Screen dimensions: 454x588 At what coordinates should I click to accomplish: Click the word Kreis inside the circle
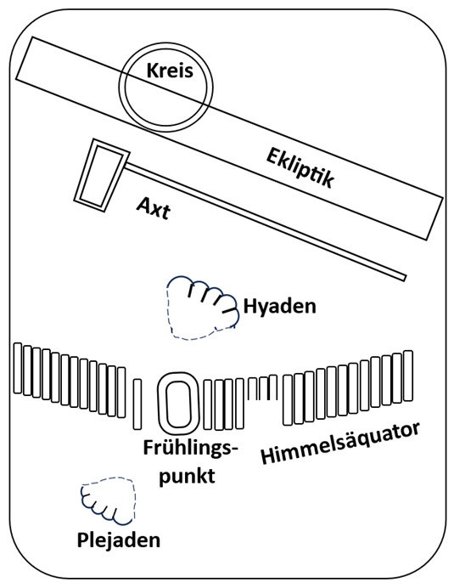(x=170, y=71)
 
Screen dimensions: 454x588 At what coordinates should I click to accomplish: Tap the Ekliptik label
(x=300, y=167)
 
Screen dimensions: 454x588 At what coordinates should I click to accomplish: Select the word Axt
(x=154, y=208)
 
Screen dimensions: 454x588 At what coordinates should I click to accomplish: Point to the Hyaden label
(x=280, y=306)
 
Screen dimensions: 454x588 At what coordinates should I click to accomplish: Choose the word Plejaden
(x=119, y=540)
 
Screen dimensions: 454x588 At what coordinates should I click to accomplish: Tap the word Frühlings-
(x=191, y=449)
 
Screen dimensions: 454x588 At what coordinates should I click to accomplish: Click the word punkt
(x=188, y=476)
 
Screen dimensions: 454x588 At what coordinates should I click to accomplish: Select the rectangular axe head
(x=102, y=176)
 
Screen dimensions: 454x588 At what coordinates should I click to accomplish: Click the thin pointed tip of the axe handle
(x=405, y=278)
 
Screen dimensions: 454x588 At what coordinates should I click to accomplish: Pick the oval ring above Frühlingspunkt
(x=177, y=404)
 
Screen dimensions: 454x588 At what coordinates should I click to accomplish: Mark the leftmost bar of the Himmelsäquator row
(x=18, y=368)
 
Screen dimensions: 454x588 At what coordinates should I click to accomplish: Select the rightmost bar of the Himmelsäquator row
(x=408, y=376)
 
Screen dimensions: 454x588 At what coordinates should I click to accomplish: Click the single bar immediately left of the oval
(x=137, y=404)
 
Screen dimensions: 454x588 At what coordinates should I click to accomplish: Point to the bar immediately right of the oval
(x=208, y=404)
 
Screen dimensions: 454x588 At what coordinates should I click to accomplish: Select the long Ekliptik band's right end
(x=434, y=218)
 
